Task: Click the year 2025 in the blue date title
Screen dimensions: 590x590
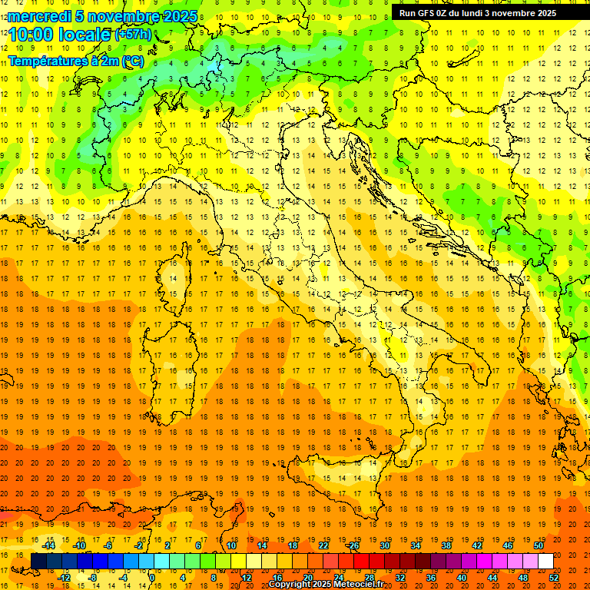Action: click(179, 16)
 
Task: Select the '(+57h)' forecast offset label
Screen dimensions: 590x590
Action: click(133, 35)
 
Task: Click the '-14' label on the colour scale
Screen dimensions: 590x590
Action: click(48, 545)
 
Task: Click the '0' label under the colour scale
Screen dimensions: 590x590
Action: click(152, 577)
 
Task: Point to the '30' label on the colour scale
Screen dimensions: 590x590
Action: click(385, 545)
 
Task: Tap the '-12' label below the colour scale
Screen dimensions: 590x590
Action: click(64, 577)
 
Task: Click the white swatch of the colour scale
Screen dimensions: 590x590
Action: click(545, 561)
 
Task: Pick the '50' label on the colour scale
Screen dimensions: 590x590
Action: click(539, 545)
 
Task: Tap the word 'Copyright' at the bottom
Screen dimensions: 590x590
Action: click(290, 585)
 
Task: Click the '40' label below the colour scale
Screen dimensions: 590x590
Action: click(462, 577)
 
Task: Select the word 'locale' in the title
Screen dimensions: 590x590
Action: click(87, 35)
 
